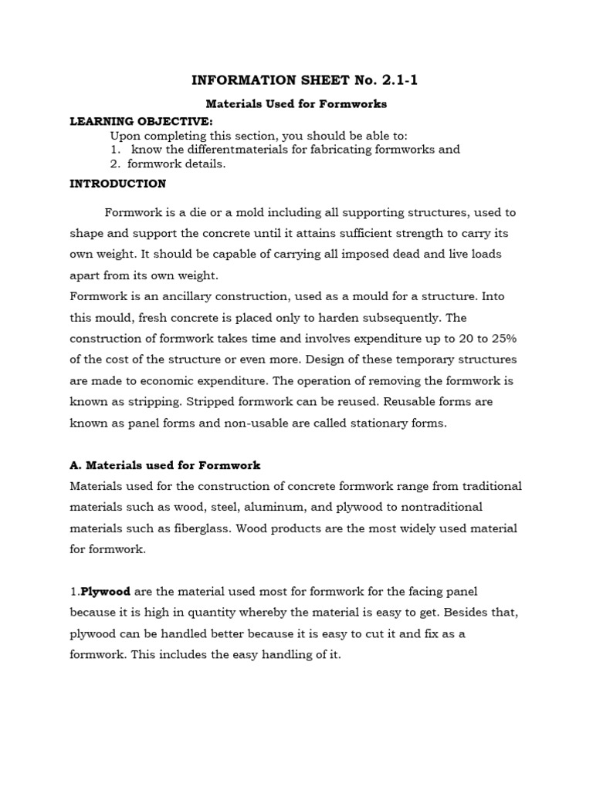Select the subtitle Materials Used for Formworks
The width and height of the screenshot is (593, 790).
[x=296, y=103]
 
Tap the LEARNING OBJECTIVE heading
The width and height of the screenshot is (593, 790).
[x=141, y=121]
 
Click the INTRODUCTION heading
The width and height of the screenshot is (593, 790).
[x=117, y=184]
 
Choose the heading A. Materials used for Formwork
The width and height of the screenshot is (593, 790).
[x=165, y=465]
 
